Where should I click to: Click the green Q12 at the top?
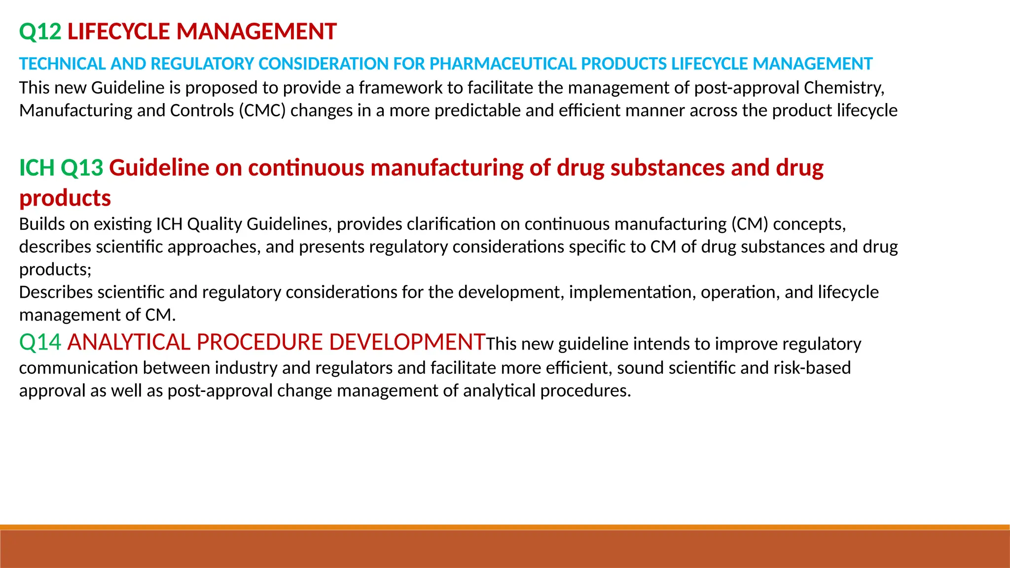coord(40,32)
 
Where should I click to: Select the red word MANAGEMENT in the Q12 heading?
coord(256,32)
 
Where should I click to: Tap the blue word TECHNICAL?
coord(62,64)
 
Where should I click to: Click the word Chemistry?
coord(843,88)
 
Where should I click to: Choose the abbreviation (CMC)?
coord(262,110)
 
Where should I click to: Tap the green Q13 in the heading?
coord(82,168)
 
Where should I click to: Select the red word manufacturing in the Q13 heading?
coord(447,168)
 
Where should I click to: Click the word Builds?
coord(42,224)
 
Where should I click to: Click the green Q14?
coord(40,342)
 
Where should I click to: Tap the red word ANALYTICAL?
coord(129,342)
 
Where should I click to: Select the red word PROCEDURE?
coord(259,342)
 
